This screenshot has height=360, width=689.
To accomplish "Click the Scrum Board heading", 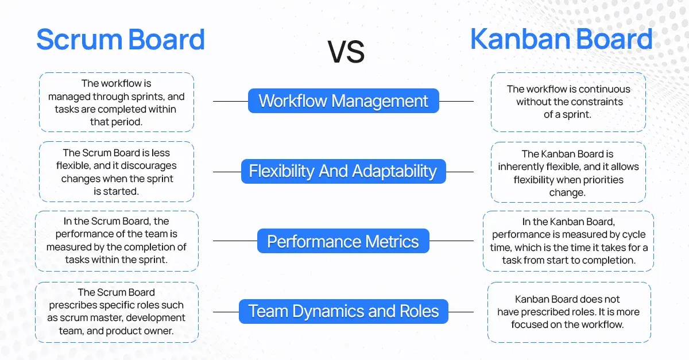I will (121, 40).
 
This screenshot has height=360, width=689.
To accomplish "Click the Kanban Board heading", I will (561, 40).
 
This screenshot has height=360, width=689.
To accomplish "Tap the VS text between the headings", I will (346, 52).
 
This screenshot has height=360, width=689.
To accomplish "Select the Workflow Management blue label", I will (343, 101).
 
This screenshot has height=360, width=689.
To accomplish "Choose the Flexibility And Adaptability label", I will (343, 171).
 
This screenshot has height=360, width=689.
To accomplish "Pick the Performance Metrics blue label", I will (343, 241).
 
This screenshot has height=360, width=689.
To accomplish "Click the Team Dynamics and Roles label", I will (343, 311).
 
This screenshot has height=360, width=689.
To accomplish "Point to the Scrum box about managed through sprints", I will (117, 102).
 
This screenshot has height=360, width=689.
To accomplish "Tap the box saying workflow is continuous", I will (568, 102).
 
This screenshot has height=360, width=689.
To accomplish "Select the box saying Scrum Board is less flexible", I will (117, 172).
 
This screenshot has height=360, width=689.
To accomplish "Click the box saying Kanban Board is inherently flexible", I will (568, 172).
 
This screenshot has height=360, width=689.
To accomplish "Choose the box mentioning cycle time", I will (568, 241).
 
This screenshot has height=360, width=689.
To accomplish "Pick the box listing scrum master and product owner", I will (117, 312).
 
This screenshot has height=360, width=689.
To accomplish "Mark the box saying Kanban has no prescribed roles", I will (568, 312).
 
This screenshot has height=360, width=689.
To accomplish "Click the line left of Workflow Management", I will (230, 102).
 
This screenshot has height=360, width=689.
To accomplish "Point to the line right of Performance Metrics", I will (451, 241).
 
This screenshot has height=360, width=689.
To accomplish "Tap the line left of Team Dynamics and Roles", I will (226, 312).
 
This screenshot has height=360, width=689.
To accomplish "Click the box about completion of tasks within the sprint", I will (117, 241).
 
